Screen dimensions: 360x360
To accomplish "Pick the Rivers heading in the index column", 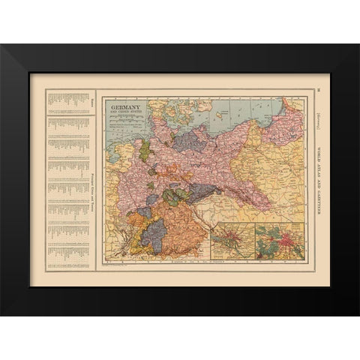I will [x=92, y=105].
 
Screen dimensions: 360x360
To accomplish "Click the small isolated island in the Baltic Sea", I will [x=223, y=115].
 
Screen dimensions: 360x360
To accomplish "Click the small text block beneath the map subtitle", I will [x=126, y=121].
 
